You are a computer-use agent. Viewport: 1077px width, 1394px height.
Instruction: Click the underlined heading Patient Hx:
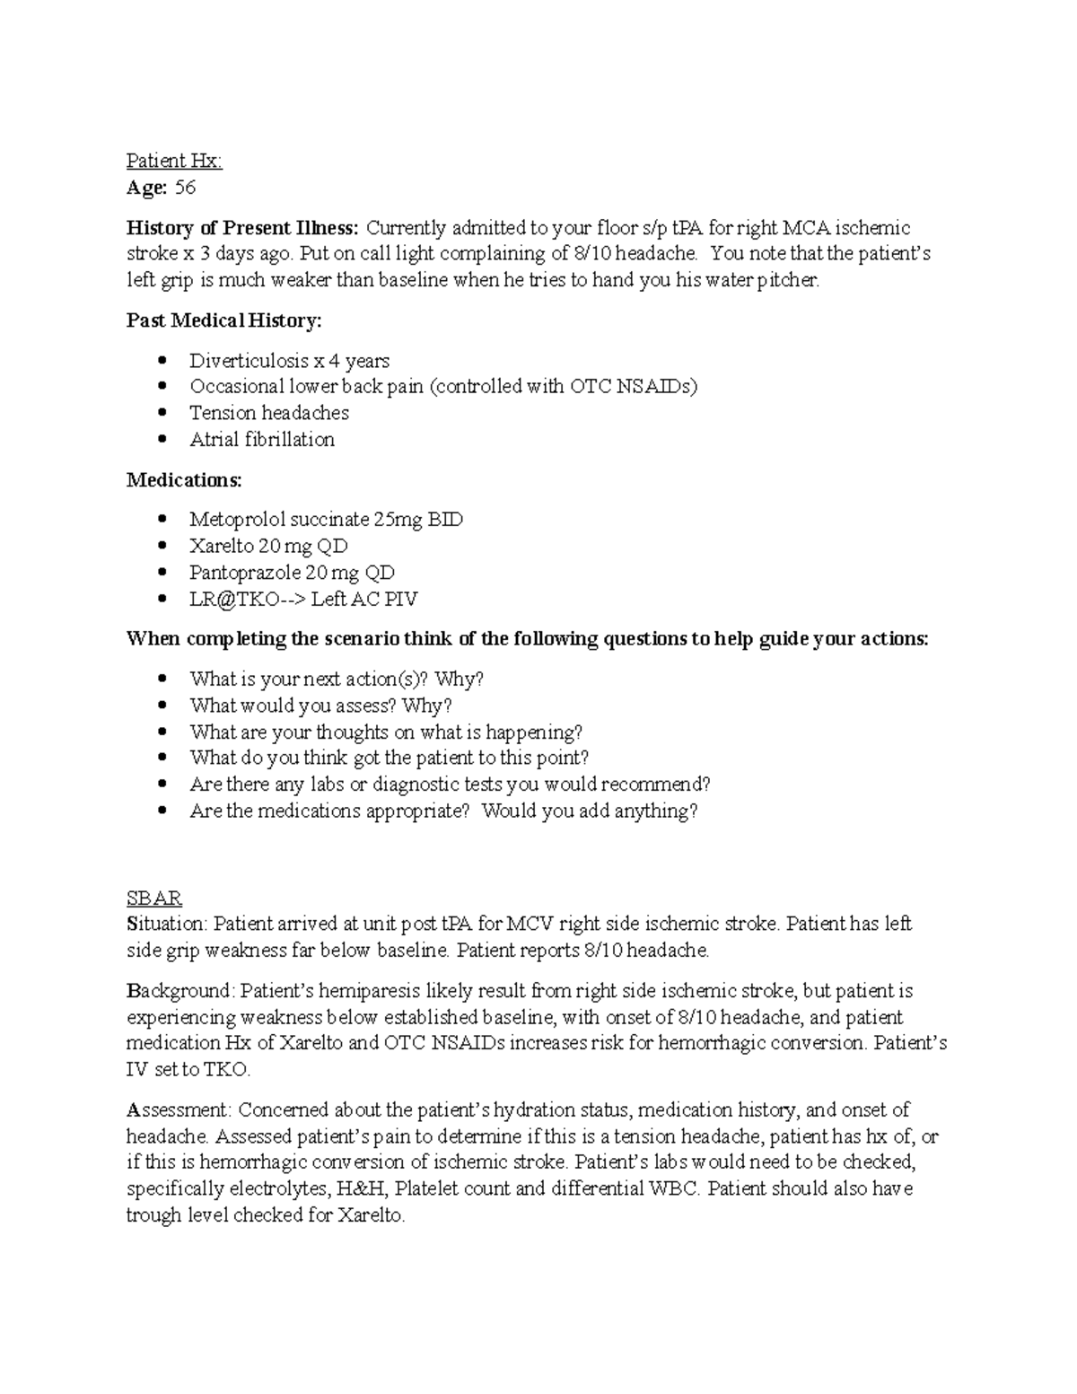pyautogui.click(x=173, y=162)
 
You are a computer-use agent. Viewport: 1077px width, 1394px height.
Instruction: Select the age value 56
pyautogui.click(x=185, y=188)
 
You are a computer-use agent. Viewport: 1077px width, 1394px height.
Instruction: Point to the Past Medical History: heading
pyautogui.click(x=223, y=320)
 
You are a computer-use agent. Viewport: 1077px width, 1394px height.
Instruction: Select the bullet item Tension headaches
pyautogui.click(x=268, y=413)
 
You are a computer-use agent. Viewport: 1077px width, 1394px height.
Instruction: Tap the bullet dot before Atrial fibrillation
pyautogui.click(x=162, y=440)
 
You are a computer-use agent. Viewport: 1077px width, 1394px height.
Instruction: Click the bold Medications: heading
pyautogui.click(x=184, y=480)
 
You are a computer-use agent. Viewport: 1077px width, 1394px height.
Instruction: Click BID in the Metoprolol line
pyautogui.click(x=445, y=520)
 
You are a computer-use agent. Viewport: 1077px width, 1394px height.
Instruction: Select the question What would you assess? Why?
pyautogui.click(x=320, y=706)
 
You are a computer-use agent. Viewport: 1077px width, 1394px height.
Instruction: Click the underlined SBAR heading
pyautogui.click(x=154, y=898)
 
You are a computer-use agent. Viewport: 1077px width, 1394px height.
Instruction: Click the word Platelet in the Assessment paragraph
pyautogui.click(x=425, y=1189)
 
